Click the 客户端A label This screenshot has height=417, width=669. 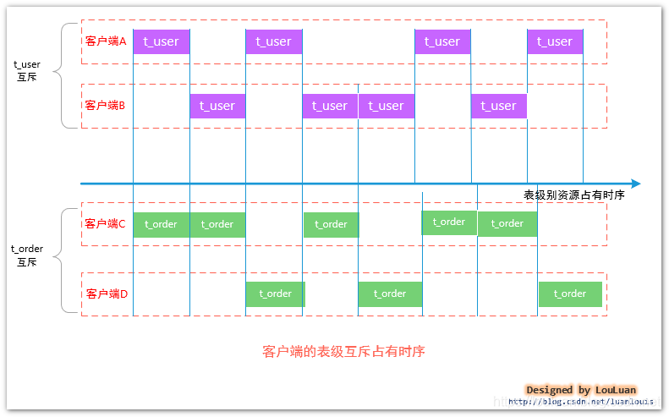point(106,41)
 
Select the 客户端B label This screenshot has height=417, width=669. point(105,105)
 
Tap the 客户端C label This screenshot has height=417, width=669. point(105,223)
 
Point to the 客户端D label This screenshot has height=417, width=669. point(107,294)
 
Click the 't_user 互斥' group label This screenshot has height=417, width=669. point(27,71)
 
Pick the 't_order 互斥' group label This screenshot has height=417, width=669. point(27,255)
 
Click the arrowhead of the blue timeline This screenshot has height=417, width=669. point(636,184)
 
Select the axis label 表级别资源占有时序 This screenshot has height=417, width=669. point(574,195)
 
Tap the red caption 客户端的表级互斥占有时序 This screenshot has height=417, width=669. point(343,351)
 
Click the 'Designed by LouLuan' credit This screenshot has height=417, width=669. point(581,390)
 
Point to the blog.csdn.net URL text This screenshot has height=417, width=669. point(581,401)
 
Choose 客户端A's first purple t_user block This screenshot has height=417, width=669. point(162,41)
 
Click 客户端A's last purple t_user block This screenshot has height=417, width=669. point(555,41)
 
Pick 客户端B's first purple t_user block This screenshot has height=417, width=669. point(217,106)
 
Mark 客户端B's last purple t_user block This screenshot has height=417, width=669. point(499,106)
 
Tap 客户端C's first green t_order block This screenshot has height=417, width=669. point(162,224)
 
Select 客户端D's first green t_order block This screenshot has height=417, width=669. point(275,294)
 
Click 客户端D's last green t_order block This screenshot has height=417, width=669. point(570,294)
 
